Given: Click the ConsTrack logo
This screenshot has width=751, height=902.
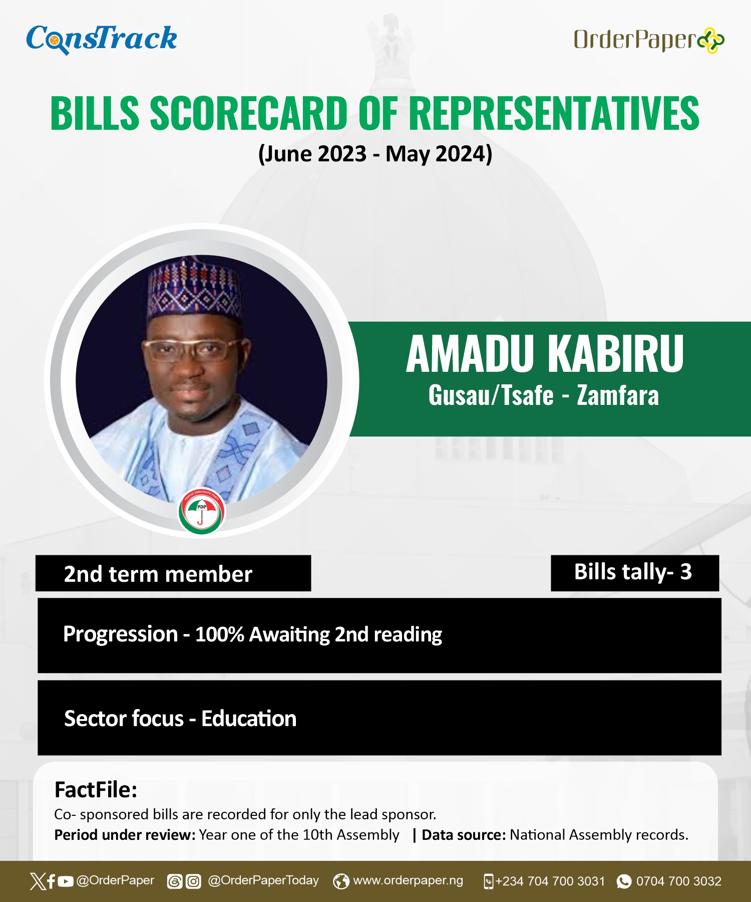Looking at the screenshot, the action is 102,39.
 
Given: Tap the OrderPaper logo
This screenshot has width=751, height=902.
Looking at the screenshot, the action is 649,40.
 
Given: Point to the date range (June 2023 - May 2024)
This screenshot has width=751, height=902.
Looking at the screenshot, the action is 375,154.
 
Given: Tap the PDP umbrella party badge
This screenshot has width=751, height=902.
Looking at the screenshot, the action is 202,511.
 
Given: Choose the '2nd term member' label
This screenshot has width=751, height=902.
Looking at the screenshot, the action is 158,574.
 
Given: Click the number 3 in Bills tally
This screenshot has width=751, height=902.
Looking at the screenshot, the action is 686,572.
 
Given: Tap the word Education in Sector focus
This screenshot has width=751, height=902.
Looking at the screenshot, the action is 249,719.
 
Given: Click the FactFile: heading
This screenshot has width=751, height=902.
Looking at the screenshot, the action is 96,790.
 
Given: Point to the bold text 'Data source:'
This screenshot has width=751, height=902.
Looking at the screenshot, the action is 464,835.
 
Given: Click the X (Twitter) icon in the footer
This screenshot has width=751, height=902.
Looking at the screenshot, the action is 38,881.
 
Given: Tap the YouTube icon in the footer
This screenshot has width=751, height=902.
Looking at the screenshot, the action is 66,881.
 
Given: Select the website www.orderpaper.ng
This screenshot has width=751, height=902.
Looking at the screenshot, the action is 408,880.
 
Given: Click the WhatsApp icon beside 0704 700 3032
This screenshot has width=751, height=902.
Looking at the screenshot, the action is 624,881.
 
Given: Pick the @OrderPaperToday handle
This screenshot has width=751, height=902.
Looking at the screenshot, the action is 263,880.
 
